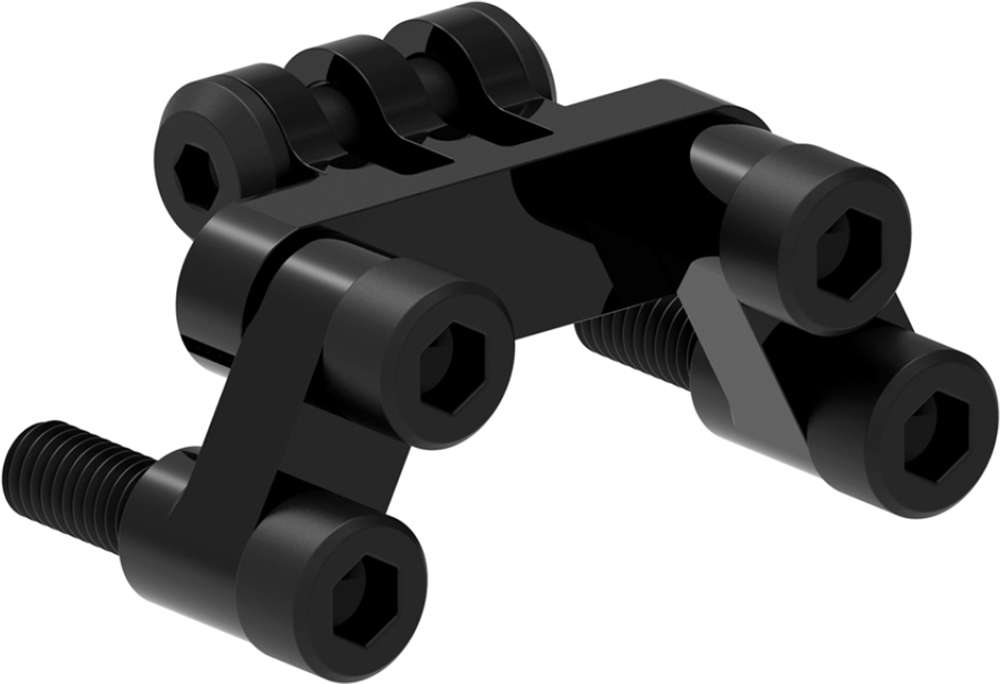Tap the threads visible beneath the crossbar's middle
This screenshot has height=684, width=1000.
click(630, 330)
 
